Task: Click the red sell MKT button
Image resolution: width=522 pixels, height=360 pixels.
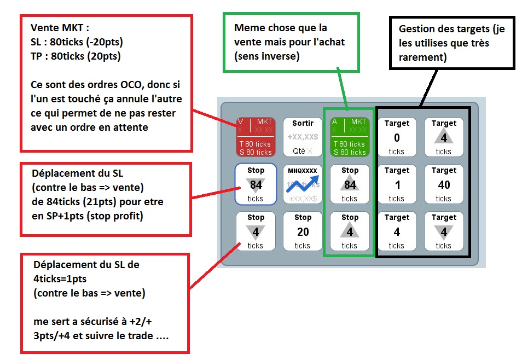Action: tap(256, 137)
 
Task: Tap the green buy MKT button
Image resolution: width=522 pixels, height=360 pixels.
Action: tap(350, 137)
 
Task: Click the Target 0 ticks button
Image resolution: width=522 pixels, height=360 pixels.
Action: tap(397, 137)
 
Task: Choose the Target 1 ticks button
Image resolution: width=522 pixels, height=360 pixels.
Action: tap(397, 184)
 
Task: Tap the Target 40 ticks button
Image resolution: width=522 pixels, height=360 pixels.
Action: tap(444, 184)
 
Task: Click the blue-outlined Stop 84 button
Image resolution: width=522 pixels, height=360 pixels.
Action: tap(256, 184)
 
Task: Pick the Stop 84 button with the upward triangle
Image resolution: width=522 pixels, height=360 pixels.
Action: tap(350, 184)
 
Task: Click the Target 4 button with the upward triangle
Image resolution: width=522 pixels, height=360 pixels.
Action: tap(444, 137)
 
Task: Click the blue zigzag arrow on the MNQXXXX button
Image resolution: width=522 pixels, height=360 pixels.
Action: tap(303, 183)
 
